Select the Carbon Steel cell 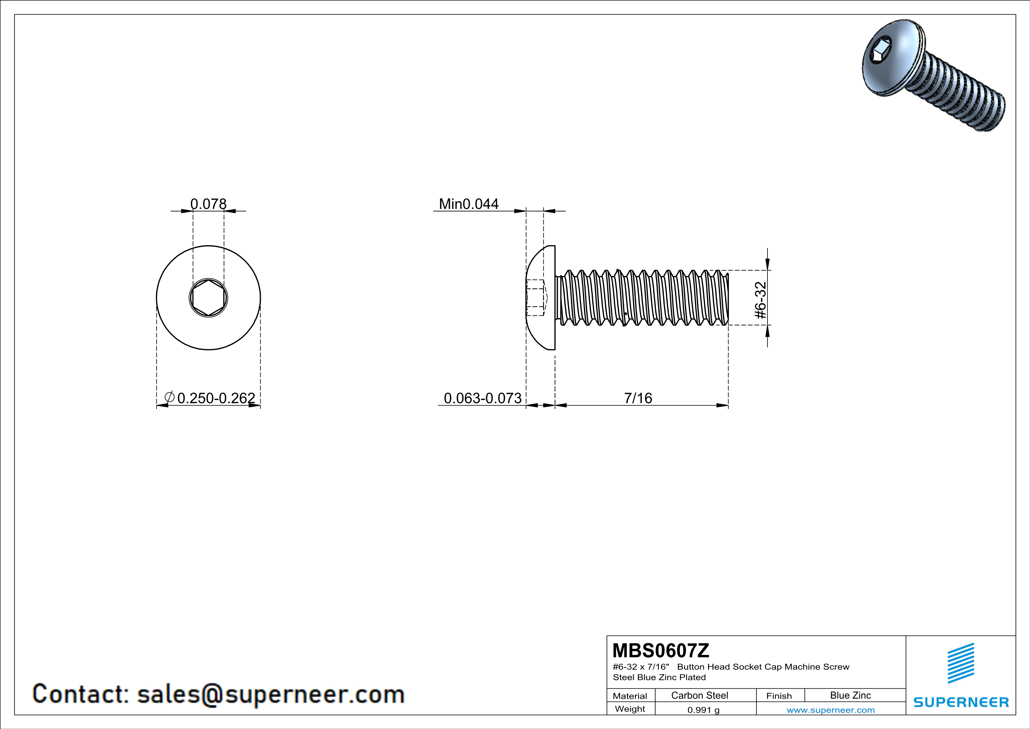(699, 695)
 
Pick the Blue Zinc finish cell (850, 695)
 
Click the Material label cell (630, 696)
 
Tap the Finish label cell (779, 696)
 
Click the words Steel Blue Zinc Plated (659, 677)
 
